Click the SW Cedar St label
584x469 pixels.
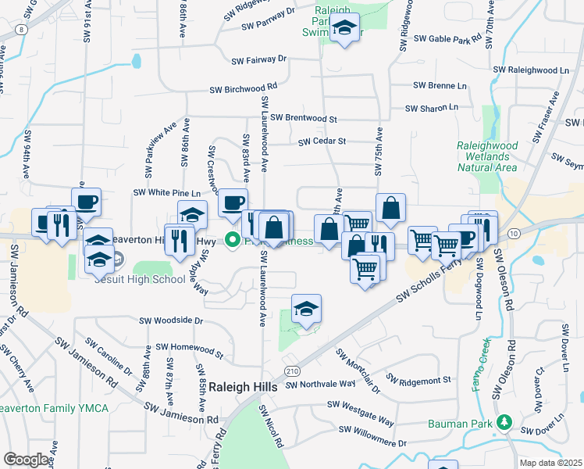322,141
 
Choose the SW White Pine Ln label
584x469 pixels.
167,192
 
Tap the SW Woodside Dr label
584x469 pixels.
171,320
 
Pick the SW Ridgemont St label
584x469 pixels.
415,380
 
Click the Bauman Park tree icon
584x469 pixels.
505,424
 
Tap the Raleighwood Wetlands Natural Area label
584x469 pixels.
486,156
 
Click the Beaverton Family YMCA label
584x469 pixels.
54,408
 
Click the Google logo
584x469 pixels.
27,460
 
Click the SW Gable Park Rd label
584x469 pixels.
447,38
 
